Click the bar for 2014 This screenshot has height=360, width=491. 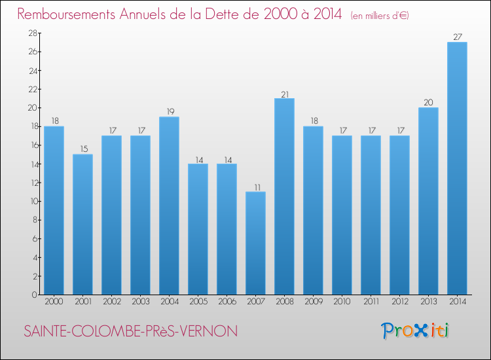457,168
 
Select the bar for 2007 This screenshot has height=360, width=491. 255,243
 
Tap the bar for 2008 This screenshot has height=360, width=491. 284,196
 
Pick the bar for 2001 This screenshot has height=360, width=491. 82,225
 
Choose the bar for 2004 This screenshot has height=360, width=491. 169,206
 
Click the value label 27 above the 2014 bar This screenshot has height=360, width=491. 457,37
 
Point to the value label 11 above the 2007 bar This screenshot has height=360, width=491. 255,187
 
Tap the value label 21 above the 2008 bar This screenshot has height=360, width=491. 284,93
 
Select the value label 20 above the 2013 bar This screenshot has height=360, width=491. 428,102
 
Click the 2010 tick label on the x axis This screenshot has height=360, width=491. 342,302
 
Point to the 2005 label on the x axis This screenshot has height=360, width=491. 198,302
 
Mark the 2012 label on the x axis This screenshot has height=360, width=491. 399,302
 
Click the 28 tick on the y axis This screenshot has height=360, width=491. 31,33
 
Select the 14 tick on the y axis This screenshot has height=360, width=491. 31,164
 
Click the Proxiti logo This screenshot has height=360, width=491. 415,331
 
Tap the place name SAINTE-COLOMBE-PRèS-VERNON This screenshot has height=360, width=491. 130,332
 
